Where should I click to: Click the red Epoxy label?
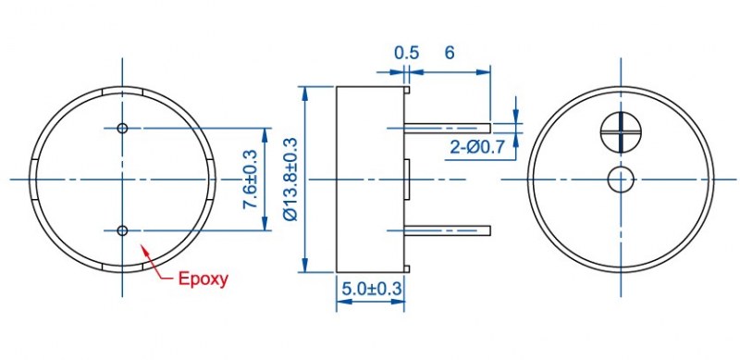[203, 279]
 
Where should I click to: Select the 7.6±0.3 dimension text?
[249, 179]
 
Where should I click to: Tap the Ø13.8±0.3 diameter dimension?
[290, 179]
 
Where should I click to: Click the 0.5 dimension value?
[406, 53]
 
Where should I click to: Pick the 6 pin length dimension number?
[450, 53]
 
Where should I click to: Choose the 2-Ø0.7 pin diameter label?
[477, 148]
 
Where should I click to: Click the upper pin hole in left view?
[122, 128]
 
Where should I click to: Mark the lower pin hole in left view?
[122, 230]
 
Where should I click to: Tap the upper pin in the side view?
[448, 128]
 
